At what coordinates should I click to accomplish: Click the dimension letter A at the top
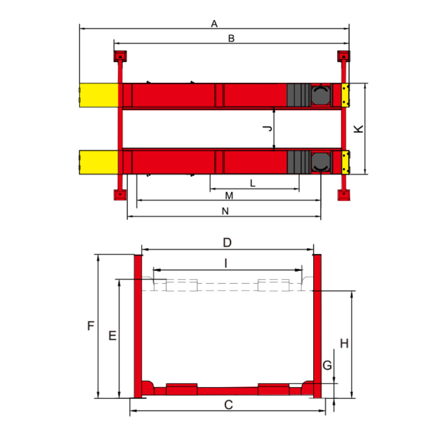(x=214, y=24)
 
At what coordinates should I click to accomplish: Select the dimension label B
(x=231, y=38)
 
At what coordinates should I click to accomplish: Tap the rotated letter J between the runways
(x=268, y=128)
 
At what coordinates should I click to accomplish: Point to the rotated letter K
(x=358, y=129)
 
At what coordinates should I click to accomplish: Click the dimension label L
(x=252, y=183)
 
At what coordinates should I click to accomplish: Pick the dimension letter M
(x=229, y=196)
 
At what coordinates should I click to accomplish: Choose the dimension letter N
(x=225, y=211)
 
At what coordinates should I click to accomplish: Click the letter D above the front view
(x=227, y=243)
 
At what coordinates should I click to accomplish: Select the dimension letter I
(x=226, y=263)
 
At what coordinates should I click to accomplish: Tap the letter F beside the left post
(x=90, y=325)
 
